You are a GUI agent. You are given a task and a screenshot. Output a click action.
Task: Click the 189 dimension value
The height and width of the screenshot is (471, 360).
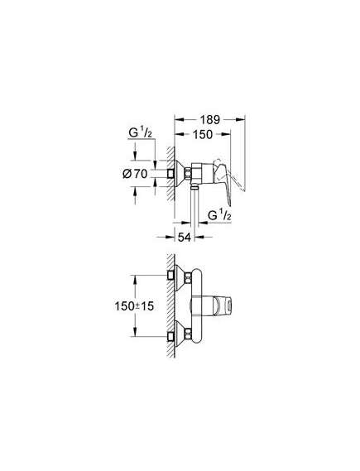pyautogui.click(x=210, y=119)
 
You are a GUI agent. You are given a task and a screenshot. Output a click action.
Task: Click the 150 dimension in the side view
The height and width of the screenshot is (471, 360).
pyautogui.click(x=203, y=134)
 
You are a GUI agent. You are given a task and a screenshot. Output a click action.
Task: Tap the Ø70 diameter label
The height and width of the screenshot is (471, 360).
pyautogui.click(x=135, y=174)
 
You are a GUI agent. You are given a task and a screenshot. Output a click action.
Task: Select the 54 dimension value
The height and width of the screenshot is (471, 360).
pyautogui.click(x=184, y=238)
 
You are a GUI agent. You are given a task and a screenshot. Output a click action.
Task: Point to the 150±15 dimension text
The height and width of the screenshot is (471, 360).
pyautogui.click(x=134, y=306)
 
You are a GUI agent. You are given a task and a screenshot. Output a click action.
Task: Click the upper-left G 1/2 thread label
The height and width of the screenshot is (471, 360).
pyautogui.click(x=141, y=132)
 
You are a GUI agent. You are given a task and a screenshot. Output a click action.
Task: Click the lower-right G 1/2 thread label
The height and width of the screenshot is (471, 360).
pyautogui.click(x=219, y=216)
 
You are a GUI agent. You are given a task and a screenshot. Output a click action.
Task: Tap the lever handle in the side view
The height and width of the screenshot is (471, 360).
pyautogui.click(x=223, y=180)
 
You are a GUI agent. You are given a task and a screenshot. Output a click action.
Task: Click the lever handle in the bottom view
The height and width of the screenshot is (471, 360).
pyautogui.click(x=223, y=306)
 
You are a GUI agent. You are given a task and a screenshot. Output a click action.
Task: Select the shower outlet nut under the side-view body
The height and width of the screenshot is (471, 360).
pyautogui.click(x=194, y=187)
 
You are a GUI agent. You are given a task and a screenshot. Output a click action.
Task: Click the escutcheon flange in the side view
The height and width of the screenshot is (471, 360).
pyautogui.click(x=180, y=173)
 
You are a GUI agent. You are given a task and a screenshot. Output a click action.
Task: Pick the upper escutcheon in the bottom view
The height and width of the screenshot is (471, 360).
pyautogui.click(x=180, y=278)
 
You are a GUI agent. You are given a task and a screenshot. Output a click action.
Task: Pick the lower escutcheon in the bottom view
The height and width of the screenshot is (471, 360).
pyautogui.click(x=180, y=334)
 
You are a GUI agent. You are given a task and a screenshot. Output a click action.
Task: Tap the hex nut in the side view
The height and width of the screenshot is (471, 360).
pyautogui.click(x=188, y=173)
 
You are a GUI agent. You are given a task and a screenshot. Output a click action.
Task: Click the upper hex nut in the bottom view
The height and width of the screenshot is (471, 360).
pyautogui.click(x=188, y=278)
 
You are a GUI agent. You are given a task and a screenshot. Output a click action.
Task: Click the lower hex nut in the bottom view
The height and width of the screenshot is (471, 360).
pyautogui.click(x=188, y=334)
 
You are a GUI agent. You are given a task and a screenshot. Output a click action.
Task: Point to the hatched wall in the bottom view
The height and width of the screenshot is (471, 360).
pyautogui.click(x=170, y=305)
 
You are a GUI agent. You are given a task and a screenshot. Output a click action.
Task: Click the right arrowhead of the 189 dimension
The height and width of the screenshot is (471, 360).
pyautogui.click(x=241, y=119)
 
